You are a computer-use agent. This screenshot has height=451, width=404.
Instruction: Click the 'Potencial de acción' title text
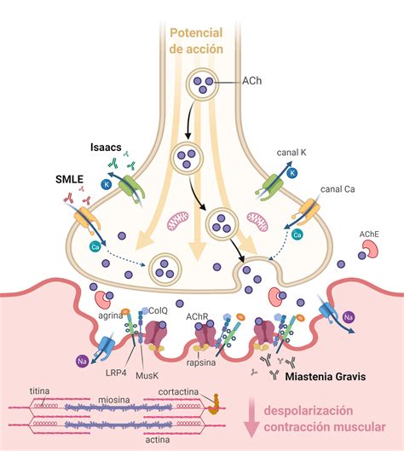[196, 41]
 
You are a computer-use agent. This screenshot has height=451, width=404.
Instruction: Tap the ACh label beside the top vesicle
[252, 81]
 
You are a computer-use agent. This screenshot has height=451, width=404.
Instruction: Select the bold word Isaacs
[106, 147]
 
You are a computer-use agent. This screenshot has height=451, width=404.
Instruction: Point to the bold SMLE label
[69, 180]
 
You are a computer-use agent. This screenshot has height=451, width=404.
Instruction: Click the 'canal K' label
[291, 152]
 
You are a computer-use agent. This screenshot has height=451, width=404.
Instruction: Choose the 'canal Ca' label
[338, 189]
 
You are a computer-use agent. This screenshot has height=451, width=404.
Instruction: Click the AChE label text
[369, 234]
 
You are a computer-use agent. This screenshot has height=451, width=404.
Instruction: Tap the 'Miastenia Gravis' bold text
[326, 377]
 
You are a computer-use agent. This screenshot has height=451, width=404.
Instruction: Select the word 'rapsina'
[201, 362]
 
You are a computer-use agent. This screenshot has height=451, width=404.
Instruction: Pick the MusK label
[147, 375]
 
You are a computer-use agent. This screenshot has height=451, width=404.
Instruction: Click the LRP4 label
[116, 373]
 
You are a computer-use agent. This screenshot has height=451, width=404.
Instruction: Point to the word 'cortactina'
[178, 392]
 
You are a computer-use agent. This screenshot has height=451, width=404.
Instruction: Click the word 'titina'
[40, 390]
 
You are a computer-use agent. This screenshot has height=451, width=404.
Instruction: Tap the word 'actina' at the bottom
[158, 440]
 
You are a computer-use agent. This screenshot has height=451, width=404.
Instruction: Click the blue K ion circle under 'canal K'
[292, 173]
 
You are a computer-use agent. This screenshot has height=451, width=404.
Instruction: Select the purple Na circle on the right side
[349, 317]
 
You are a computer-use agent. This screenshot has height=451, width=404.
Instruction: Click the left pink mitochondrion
[177, 221]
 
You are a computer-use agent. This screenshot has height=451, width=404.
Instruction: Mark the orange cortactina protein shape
[214, 404]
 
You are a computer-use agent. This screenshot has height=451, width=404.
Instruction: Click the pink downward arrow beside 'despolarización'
[251, 418]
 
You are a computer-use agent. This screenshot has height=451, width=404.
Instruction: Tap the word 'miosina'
[114, 400]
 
